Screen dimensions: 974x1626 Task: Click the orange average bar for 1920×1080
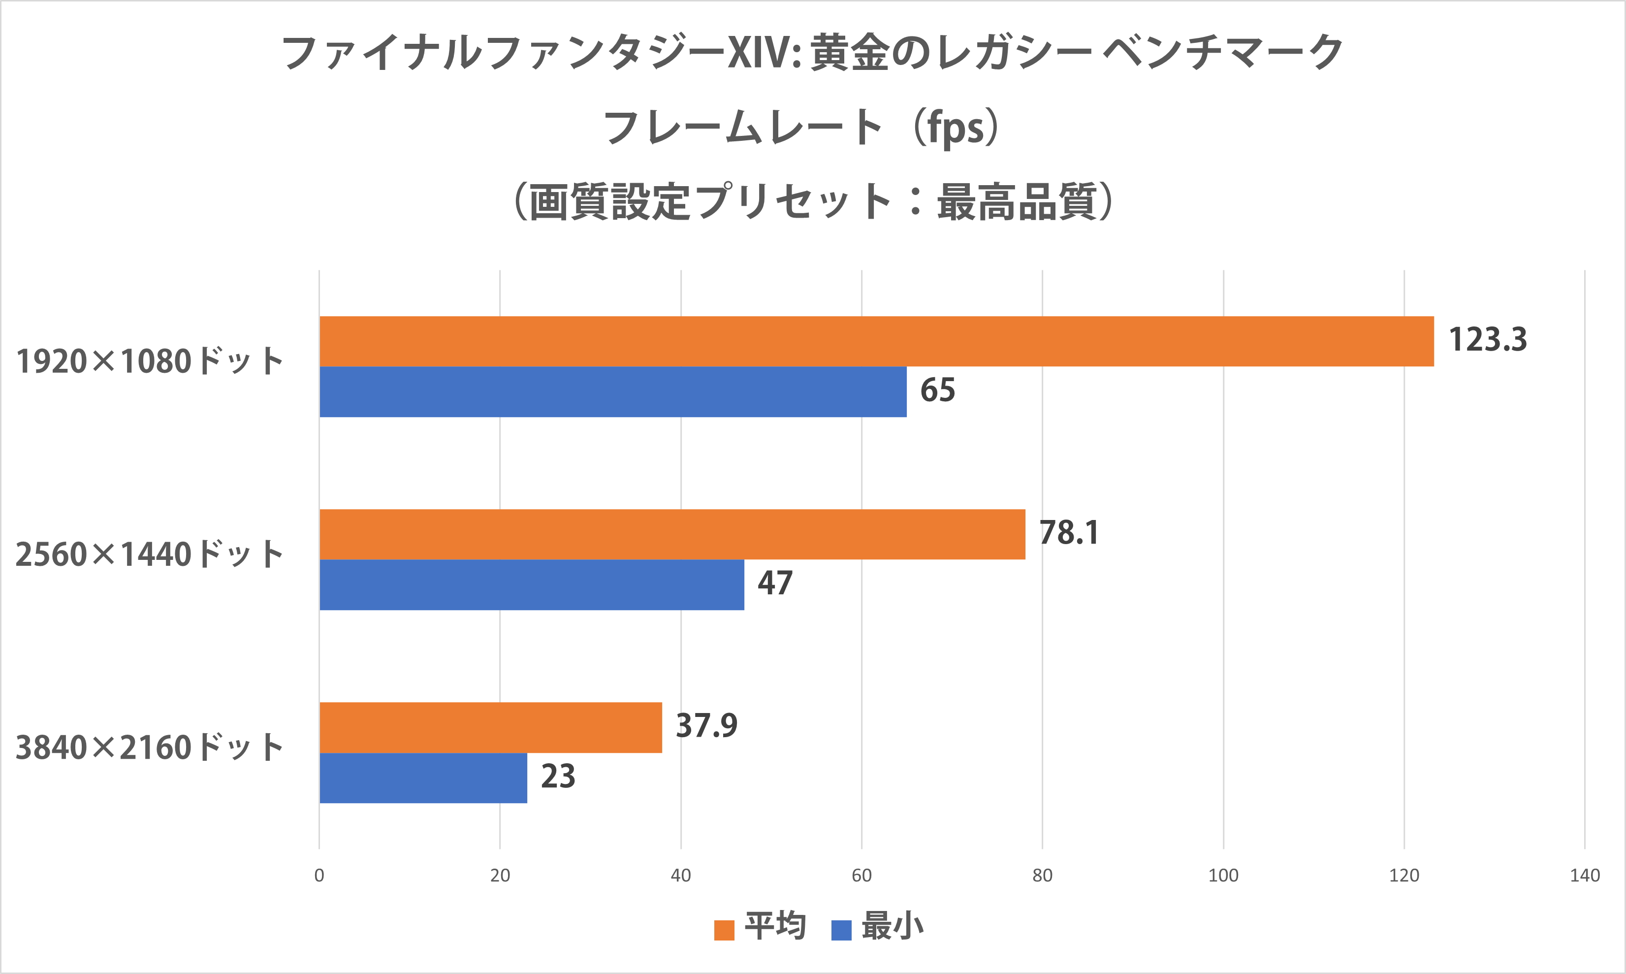(x=876, y=341)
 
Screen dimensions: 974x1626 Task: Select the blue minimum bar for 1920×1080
(x=613, y=392)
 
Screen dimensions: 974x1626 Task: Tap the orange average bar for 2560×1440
(x=672, y=534)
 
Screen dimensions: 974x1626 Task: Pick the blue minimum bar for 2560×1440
(x=532, y=585)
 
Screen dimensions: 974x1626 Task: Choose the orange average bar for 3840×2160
(x=490, y=727)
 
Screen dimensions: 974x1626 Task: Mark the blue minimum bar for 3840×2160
(x=423, y=778)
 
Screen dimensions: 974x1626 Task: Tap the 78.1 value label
(x=1069, y=533)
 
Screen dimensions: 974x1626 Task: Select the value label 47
(x=775, y=584)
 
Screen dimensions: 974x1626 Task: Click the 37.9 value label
(x=706, y=726)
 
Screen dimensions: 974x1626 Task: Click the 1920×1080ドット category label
(x=150, y=361)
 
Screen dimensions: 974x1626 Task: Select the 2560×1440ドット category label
(x=150, y=554)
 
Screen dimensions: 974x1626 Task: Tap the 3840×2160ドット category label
(x=150, y=747)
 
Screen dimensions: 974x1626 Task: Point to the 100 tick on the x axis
(x=1223, y=876)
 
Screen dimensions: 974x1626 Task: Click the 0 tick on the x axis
(x=319, y=876)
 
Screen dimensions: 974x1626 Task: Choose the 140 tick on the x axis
(x=1585, y=876)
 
